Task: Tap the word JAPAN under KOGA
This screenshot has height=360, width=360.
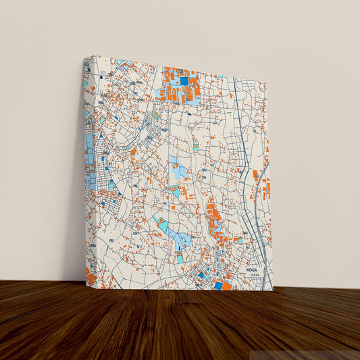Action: tap(253, 276)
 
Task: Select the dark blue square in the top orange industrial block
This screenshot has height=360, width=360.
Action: tap(184, 81)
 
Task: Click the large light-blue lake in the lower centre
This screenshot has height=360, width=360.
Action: tap(178, 236)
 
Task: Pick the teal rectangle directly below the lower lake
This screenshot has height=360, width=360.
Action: tap(180, 258)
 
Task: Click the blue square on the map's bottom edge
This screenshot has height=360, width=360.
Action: tap(218, 286)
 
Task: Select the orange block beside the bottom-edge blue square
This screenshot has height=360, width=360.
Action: tap(227, 286)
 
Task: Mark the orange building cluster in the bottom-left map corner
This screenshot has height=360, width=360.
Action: tap(91, 277)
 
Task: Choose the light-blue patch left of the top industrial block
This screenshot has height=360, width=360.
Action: tap(162, 94)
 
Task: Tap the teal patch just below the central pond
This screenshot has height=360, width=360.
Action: tap(175, 192)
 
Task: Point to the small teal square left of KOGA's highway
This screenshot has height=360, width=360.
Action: tap(238, 239)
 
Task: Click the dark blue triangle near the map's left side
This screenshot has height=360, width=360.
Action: tap(102, 136)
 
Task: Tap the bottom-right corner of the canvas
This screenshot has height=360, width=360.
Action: tap(274, 290)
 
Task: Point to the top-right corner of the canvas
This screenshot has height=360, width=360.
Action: tap(267, 83)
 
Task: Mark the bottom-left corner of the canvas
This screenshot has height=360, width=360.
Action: tap(86, 286)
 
